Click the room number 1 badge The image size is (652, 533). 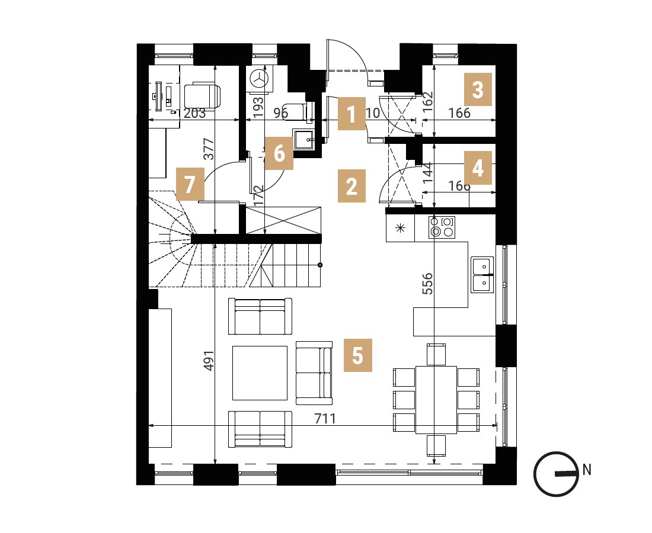pos(351,114)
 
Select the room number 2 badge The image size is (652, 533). pos(351,186)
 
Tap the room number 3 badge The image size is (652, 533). pos(478,89)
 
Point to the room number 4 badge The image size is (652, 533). pos(478,168)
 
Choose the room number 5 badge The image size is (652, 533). pos(357,355)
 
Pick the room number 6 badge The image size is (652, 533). pos(279,153)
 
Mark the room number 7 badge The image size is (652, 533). pos(190,184)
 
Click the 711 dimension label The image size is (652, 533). pos(325,418)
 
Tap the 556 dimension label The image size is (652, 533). pos(427,284)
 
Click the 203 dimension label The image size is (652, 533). pos(194,113)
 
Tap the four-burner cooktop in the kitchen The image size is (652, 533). pos(442,227)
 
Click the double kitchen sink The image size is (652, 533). pos(482,275)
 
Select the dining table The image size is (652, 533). pos(436,400)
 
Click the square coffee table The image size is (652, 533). pos(260,373)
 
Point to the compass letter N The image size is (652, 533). pos(587,470)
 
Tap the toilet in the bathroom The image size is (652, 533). pos(296,112)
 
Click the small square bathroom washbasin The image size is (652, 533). pos(303,139)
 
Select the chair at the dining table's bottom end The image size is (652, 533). pos(436,445)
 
